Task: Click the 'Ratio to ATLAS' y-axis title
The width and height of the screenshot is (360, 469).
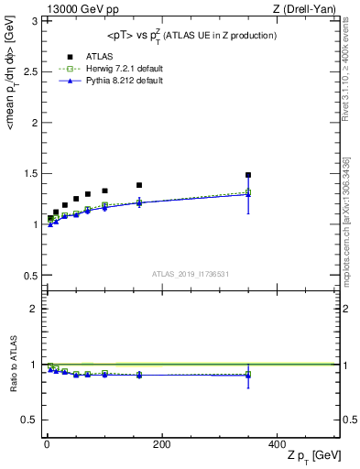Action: tap(13, 365)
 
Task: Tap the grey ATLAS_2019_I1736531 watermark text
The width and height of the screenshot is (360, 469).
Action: tap(191, 274)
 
